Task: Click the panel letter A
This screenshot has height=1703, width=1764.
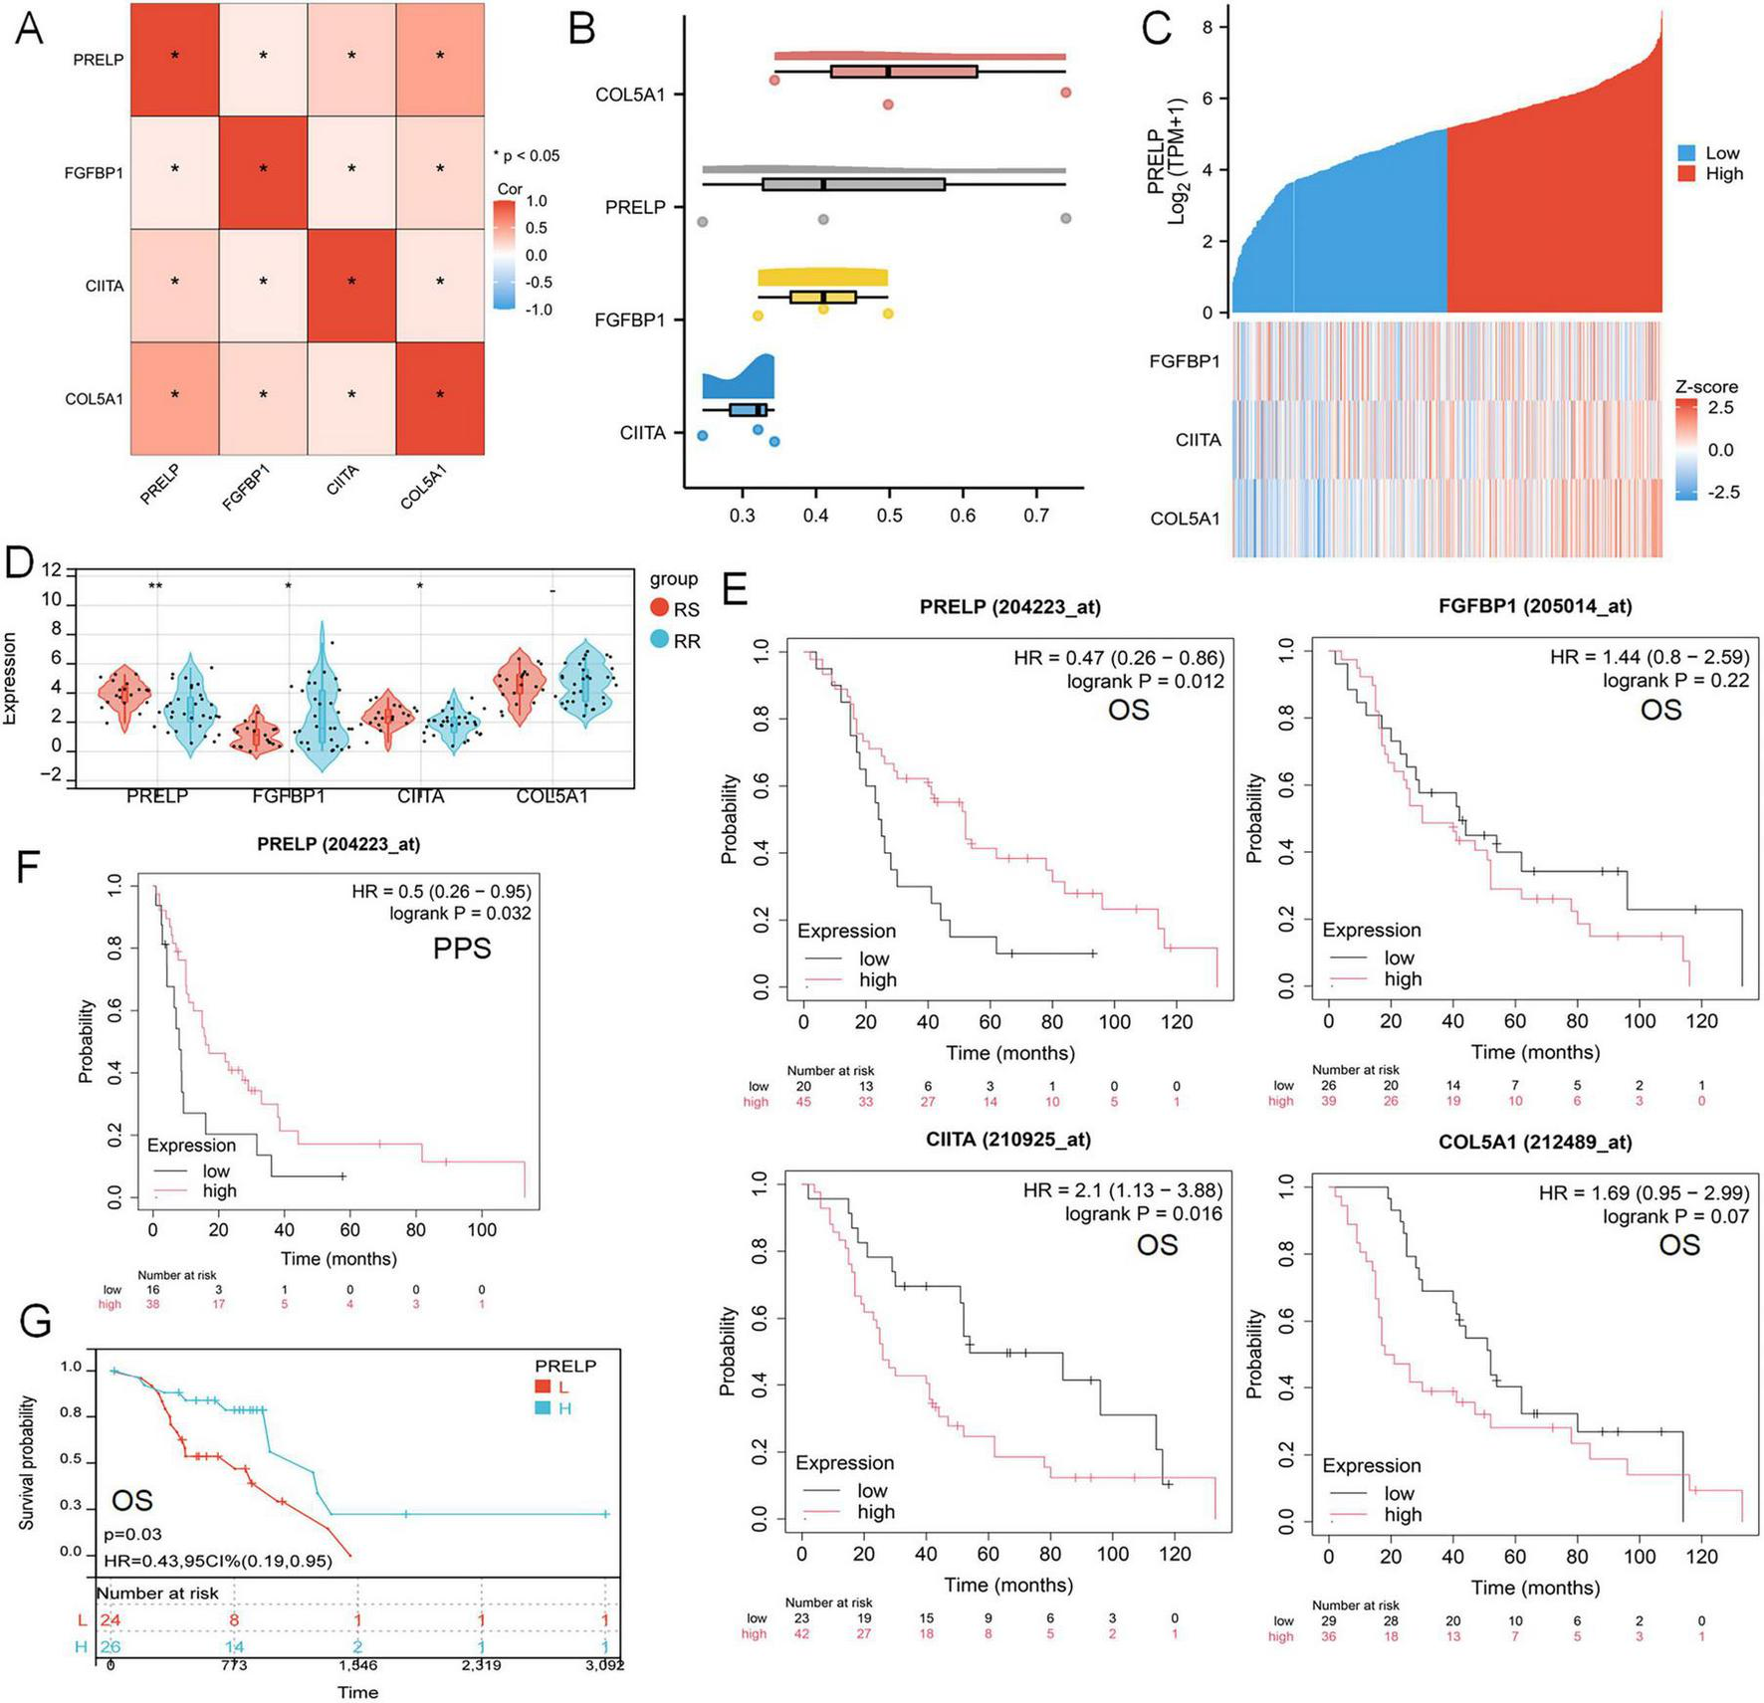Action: [30, 28]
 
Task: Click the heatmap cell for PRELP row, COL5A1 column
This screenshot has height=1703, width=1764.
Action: [440, 58]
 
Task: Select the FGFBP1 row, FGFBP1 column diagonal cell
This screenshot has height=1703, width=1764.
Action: [264, 171]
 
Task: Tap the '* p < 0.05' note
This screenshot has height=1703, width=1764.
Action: [527, 155]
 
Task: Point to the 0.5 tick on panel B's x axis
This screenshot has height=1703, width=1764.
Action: [889, 515]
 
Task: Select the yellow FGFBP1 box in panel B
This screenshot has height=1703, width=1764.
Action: [823, 297]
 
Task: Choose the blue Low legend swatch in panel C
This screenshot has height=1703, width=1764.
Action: [1686, 153]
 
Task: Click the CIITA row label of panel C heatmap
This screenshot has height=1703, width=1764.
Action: [1198, 440]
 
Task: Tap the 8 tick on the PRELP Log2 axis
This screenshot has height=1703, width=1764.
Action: [1208, 27]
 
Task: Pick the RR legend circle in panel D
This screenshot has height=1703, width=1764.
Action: [660, 640]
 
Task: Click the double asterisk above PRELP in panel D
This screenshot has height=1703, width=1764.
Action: [155, 586]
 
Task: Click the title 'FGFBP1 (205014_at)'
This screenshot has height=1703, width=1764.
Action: [1535, 606]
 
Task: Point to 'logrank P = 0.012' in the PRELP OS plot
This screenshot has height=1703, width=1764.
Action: [1145, 681]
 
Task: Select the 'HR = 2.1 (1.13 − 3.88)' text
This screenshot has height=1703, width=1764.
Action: [1123, 1190]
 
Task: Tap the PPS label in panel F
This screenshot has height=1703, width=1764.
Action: [462, 949]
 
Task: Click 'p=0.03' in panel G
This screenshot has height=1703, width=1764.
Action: [132, 1535]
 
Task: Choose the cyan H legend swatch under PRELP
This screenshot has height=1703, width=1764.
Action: [543, 1408]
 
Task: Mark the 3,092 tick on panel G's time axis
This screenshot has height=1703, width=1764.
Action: [604, 1664]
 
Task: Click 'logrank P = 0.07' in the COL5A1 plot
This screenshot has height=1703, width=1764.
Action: [1675, 1216]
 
